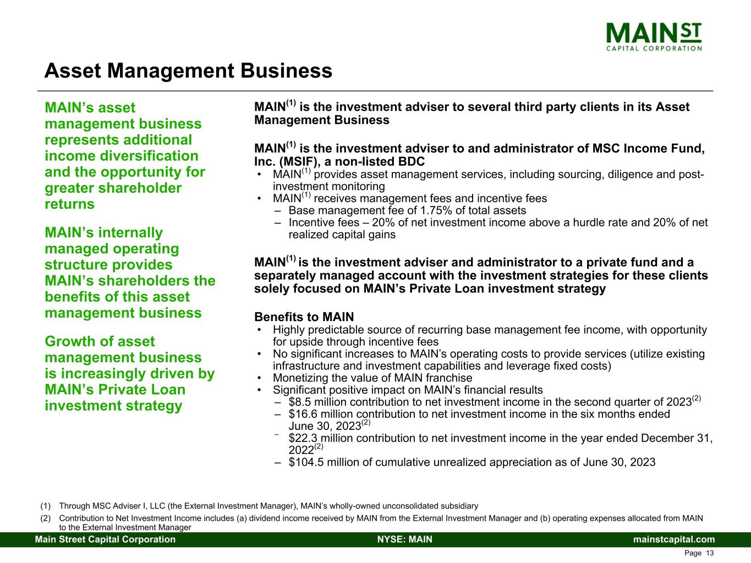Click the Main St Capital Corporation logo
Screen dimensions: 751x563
(x=654, y=37)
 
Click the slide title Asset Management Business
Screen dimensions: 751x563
(x=188, y=71)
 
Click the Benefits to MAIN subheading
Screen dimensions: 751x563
(x=304, y=317)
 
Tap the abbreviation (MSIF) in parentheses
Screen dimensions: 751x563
(x=304, y=161)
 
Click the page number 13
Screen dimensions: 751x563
(x=710, y=553)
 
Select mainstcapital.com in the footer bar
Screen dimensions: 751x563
(x=674, y=539)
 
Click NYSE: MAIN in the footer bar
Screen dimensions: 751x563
(x=405, y=539)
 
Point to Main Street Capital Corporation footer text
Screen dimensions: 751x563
(x=105, y=539)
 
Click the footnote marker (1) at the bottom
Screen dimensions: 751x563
(x=46, y=506)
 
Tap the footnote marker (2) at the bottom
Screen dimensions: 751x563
(x=46, y=518)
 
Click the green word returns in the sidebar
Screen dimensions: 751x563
(x=69, y=204)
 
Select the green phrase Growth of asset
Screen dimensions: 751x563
(x=100, y=341)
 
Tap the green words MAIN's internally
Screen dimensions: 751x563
(x=103, y=233)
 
